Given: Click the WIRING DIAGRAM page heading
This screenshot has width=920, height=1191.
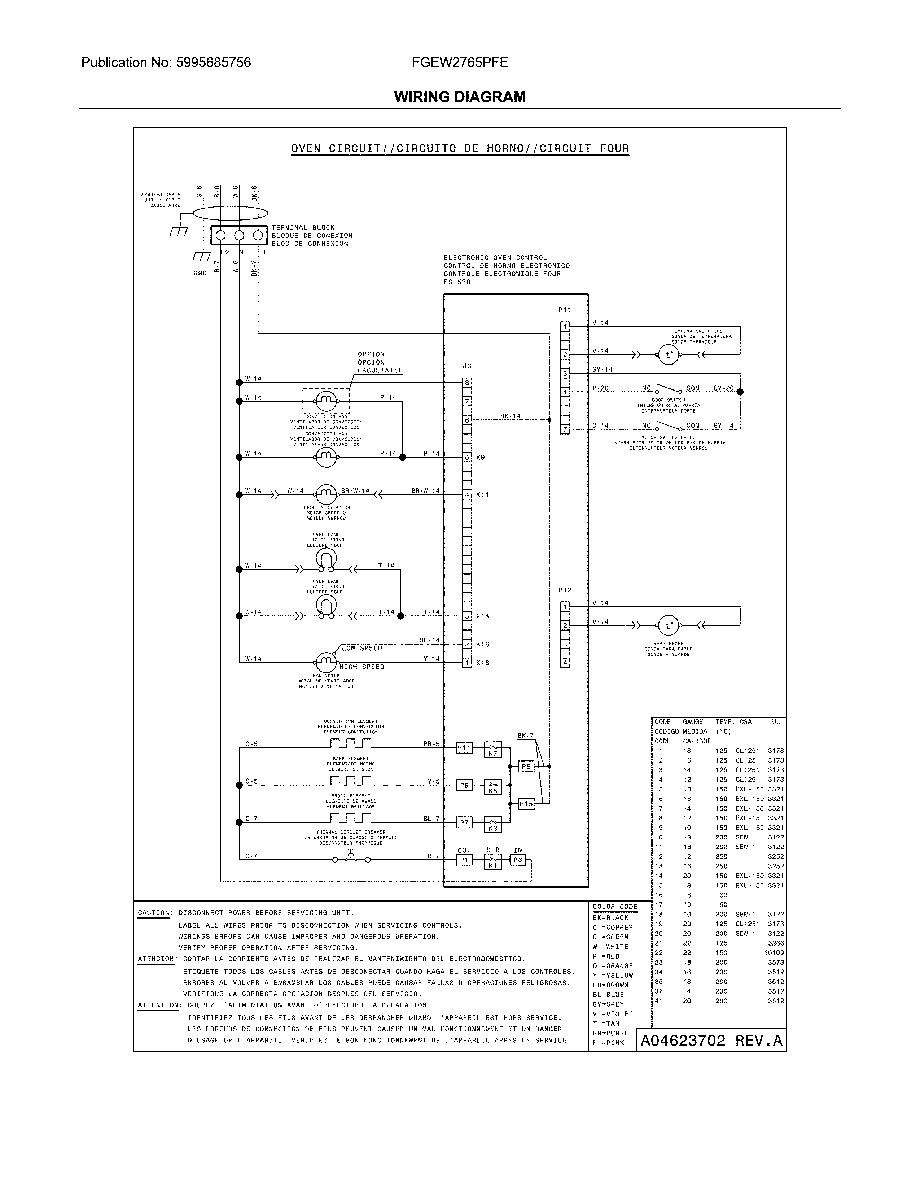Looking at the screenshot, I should pyautogui.click(x=459, y=97).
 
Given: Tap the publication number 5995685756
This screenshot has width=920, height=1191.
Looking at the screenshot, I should pyautogui.click(x=213, y=63).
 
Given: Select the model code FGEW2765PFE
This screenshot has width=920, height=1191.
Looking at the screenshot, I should pyautogui.click(x=459, y=63).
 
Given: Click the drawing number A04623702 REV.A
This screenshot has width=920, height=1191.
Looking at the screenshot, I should pyautogui.click(x=711, y=1041).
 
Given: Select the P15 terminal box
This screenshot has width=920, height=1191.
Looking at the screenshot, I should pyautogui.click(x=526, y=804).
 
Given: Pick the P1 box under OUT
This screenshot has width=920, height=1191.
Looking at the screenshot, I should pyautogui.click(x=464, y=860).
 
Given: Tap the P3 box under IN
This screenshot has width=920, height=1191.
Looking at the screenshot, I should pyautogui.click(x=517, y=860).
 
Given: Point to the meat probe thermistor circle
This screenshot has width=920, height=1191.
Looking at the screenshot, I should pyautogui.click(x=668, y=625).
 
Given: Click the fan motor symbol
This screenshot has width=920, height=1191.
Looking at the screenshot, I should pyautogui.click(x=326, y=662).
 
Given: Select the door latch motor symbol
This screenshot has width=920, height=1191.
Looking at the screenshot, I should pyautogui.click(x=326, y=494).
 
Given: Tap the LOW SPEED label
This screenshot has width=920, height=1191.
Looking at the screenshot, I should pyautogui.click(x=362, y=649).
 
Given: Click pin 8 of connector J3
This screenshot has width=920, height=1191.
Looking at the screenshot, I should pyautogui.click(x=467, y=383).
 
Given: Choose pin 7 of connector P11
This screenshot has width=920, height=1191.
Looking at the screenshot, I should pyautogui.click(x=565, y=429).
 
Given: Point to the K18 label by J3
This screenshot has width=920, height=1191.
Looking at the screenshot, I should pyautogui.click(x=483, y=663).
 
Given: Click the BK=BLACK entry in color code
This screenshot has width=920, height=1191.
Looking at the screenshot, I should pyautogui.click(x=610, y=918).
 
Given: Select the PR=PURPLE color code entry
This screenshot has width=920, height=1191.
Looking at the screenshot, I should pyautogui.click(x=613, y=1033).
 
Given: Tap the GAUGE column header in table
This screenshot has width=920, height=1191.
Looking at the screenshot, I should pyautogui.click(x=693, y=722).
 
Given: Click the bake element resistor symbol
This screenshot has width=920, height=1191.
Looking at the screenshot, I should pyautogui.click(x=350, y=781).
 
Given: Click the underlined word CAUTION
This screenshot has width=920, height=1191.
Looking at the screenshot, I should pyautogui.click(x=154, y=913).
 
